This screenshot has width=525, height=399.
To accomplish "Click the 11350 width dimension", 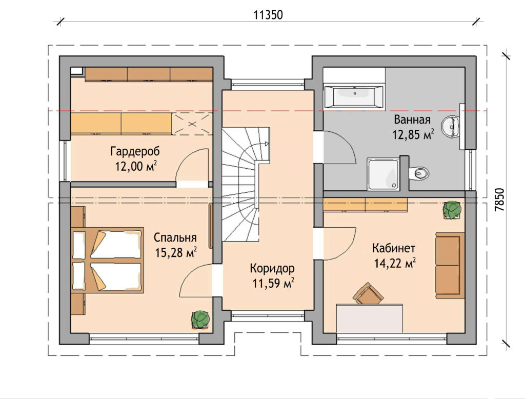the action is [x=268, y=15].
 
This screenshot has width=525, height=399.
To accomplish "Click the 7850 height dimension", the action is [x=499, y=199].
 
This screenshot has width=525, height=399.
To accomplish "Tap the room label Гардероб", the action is [x=135, y=151].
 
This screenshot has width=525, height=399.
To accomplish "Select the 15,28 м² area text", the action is [x=175, y=252].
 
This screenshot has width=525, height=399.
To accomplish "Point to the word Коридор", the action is [x=272, y=268].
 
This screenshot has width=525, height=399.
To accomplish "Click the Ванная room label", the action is [x=412, y=119].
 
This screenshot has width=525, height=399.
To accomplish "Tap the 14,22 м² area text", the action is [x=395, y=263].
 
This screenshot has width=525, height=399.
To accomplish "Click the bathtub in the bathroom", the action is [x=354, y=96].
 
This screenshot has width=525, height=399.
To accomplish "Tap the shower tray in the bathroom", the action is [x=383, y=174].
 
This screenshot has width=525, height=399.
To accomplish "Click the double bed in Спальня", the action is [x=108, y=261].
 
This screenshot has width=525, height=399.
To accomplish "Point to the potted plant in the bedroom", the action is [x=200, y=320].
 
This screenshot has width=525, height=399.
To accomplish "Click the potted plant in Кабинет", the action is [x=452, y=210].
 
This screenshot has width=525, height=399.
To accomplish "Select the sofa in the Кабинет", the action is [x=450, y=265].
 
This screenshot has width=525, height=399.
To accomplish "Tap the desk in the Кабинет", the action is [x=370, y=318].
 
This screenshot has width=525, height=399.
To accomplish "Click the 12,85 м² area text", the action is [x=413, y=135].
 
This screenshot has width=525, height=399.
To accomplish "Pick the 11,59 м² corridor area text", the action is [x=273, y=284].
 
